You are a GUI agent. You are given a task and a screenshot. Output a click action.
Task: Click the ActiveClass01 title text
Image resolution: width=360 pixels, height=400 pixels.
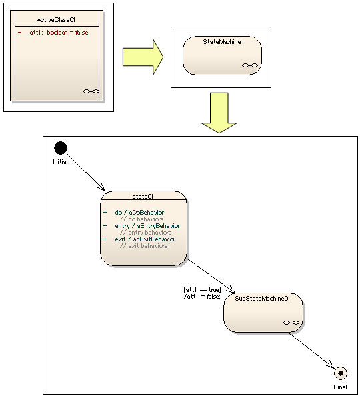[x=56, y=19]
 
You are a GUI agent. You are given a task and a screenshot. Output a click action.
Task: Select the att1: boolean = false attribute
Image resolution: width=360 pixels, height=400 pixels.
[x=59, y=33]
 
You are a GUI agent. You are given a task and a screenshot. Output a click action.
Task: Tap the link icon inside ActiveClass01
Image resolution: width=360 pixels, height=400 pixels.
[x=91, y=91]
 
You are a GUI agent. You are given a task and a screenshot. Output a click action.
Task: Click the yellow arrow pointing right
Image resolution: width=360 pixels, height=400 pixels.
[x=143, y=57]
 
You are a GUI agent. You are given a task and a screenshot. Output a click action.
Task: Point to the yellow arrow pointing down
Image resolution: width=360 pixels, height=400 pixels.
[x=219, y=113]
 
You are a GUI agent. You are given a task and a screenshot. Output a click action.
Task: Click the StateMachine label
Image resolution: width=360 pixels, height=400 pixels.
[x=222, y=42]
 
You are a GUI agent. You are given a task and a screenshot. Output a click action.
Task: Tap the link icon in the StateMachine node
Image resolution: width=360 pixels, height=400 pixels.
[x=250, y=65]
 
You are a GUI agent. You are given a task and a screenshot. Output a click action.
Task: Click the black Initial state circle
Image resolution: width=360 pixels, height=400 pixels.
[x=61, y=148]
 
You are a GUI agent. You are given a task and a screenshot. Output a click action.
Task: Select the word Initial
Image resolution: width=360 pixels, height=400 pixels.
[x=60, y=162]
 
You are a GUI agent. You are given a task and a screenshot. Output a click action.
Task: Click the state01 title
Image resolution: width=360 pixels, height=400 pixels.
[x=143, y=196]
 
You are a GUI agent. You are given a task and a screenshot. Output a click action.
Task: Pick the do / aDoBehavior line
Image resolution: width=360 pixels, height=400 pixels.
[x=139, y=212]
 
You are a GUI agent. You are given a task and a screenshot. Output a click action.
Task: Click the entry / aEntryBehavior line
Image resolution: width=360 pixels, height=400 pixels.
[x=147, y=226]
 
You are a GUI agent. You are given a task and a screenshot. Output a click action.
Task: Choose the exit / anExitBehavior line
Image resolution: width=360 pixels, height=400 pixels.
[x=145, y=239]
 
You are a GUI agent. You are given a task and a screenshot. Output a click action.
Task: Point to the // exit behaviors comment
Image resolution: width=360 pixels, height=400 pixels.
[x=143, y=245]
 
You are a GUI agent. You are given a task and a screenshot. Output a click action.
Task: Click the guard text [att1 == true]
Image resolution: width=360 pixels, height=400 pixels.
[x=202, y=289]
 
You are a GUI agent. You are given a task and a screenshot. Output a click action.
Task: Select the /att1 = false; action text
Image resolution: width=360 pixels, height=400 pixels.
[x=202, y=296]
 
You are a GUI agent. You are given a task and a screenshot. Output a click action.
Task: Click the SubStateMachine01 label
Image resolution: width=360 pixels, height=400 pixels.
[x=262, y=299]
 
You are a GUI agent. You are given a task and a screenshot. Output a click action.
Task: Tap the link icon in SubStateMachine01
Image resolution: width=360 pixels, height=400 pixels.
[x=291, y=323]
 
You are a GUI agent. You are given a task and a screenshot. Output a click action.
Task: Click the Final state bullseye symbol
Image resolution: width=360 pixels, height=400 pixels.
[x=341, y=373]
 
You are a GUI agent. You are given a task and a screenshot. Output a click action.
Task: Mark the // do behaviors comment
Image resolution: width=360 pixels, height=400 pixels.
[x=141, y=219]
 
